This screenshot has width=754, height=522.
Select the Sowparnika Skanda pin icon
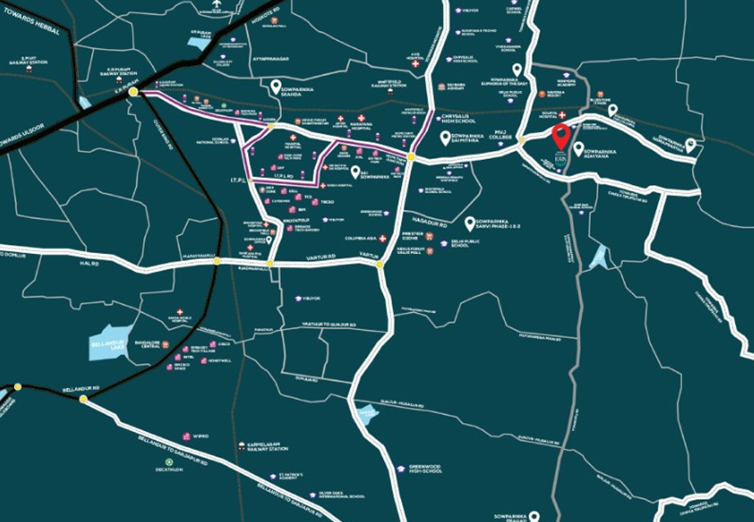(276, 85)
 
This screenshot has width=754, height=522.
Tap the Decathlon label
(169, 470)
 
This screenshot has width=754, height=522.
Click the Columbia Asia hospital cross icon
(382, 238)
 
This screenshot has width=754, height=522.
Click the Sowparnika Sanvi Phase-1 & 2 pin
(470, 222)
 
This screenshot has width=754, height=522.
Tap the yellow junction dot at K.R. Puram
(133, 93)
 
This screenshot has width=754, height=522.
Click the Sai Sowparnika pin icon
(356, 171)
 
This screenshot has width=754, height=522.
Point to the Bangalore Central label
(157, 344)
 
